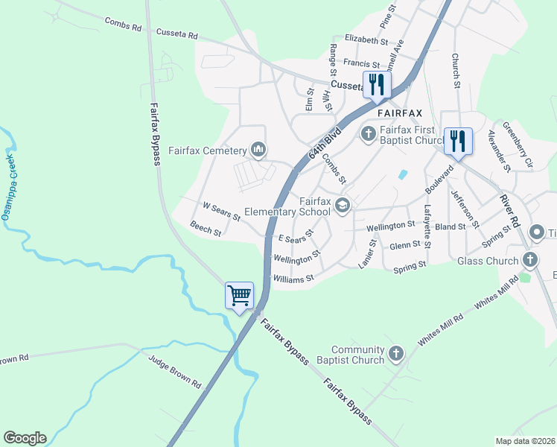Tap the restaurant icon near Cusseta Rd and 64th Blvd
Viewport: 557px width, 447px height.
pos(377,84)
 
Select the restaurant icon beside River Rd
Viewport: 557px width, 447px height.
pos(457,140)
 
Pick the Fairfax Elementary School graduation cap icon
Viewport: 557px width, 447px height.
pos(343,206)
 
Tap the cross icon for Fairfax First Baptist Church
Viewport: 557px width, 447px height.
pos(368,135)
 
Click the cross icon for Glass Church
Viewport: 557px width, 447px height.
pos(529,261)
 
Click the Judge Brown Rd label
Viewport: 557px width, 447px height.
pos(175,375)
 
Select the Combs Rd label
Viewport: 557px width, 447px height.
pos(123,25)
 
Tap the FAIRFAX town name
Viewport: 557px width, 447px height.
pos(399,113)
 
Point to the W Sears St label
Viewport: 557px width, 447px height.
pos(222,211)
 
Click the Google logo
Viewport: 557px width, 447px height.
pos(25,438)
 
